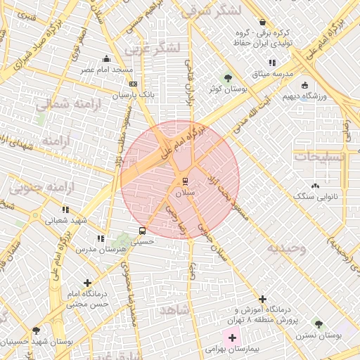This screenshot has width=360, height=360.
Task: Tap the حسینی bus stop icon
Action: pyautogui.click(x=143, y=231)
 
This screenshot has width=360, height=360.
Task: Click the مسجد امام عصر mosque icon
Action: pyautogui.click(x=106, y=59)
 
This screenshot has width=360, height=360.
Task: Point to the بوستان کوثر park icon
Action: pyautogui.click(x=227, y=77)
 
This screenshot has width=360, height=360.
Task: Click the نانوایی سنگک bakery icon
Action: pyautogui.click(x=315, y=186)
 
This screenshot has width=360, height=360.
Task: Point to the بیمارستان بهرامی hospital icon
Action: pyautogui.click(x=233, y=338)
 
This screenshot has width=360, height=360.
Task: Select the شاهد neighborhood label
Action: pyautogui.click(x=174, y=309)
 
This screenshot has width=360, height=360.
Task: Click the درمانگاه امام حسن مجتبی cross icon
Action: pyautogui.click(x=87, y=283)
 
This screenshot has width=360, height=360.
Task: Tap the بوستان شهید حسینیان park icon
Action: pyautogui.click(x=36, y=330)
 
